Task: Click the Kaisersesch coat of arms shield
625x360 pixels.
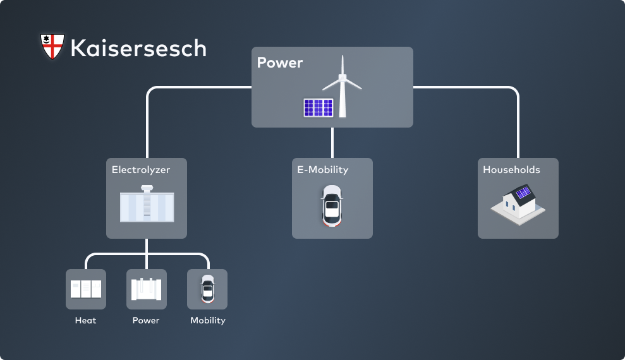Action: coord(52,47)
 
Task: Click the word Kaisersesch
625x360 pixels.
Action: coord(138,48)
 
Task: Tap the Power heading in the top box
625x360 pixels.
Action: coord(280,63)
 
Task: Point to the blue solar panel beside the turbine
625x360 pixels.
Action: coord(318,107)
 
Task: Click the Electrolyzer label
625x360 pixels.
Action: coord(141,170)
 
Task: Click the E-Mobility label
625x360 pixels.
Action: coord(323,170)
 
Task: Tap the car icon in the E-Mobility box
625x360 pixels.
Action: coord(332,205)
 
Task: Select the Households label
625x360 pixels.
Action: coord(511,170)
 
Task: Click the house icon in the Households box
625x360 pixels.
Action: coord(518,202)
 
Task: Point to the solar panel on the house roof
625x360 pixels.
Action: coord(523,193)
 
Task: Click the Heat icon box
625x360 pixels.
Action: coord(86,289)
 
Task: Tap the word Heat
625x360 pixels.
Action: coord(86,320)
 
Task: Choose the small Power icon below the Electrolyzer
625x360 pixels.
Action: coord(147,289)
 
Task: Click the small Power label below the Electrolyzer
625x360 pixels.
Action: coord(146,320)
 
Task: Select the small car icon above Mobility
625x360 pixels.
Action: coord(207,289)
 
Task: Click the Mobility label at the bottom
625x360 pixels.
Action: coord(208,320)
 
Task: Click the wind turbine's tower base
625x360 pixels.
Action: coord(343,114)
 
